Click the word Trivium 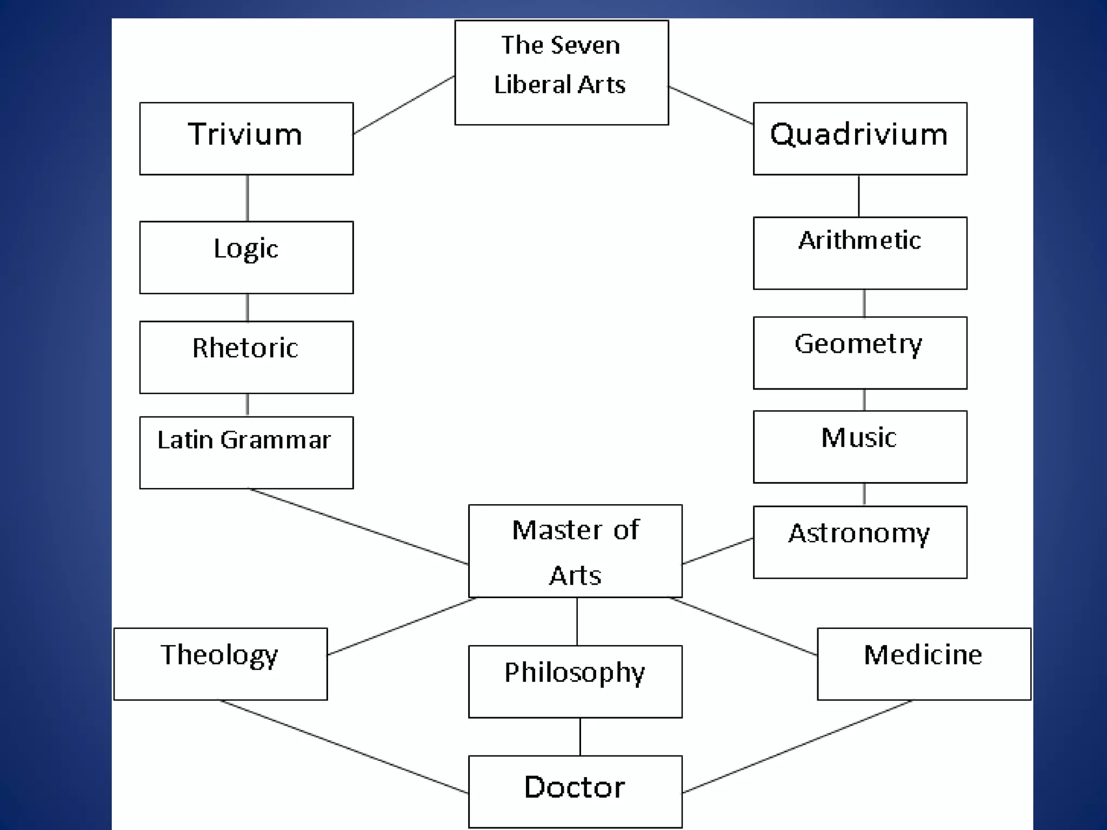(x=245, y=134)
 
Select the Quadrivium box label (x=859, y=134)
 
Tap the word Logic (x=246, y=249)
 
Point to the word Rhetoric (x=245, y=347)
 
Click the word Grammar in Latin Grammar (x=276, y=440)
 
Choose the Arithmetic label (x=859, y=240)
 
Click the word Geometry (x=858, y=344)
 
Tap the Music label (x=859, y=437)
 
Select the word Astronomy (x=859, y=533)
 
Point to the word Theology (x=219, y=655)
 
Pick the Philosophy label (x=575, y=673)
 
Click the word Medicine (x=923, y=655)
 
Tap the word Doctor (x=575, y=787)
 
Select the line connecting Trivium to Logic (x=248, y=198)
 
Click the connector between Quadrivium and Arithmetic (x=859, y=196)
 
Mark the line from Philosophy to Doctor (x=580, y=737)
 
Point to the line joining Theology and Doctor (x=344, y=746)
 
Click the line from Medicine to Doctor (x=797, y=747)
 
